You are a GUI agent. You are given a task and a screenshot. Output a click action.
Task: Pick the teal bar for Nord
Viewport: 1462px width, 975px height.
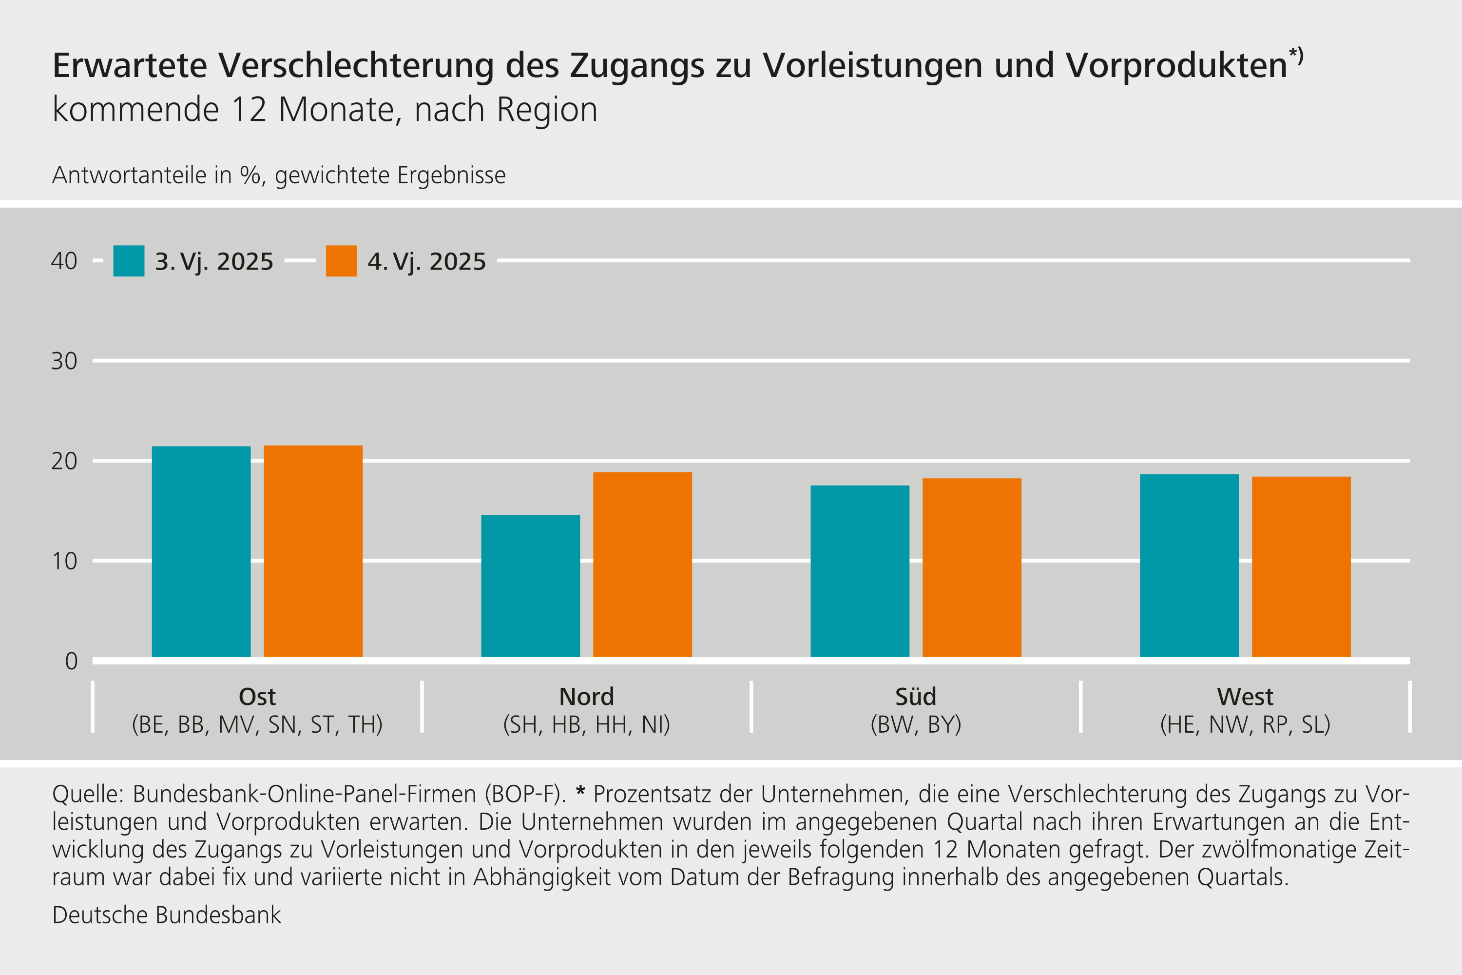coord(530,586)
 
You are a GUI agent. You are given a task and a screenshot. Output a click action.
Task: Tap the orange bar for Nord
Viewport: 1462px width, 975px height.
coord(642,565)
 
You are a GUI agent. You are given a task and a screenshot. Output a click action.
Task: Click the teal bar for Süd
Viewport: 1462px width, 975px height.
coord(860,571)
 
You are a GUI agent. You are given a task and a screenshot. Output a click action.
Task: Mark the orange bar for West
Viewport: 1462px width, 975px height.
coord(1301,566)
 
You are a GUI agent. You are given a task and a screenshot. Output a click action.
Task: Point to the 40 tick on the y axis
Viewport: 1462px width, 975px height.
coord(64,261)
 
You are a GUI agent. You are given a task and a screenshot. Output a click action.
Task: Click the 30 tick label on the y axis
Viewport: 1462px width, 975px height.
coord(64,361)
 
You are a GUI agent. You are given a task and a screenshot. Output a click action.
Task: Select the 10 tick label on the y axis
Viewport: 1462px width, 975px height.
coord(64,562)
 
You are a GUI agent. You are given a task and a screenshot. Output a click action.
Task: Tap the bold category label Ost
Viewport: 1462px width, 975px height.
coord(257,697)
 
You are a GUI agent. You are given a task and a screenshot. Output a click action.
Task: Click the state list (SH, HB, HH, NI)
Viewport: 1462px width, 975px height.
coord(586,724)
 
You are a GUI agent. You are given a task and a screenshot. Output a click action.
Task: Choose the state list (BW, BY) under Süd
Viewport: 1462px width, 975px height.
coord(916,724)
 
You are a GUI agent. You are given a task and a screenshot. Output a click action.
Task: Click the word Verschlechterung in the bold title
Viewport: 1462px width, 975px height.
coord(356,65)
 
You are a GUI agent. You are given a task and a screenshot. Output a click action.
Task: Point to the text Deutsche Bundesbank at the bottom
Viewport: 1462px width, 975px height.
coord(167,916)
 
